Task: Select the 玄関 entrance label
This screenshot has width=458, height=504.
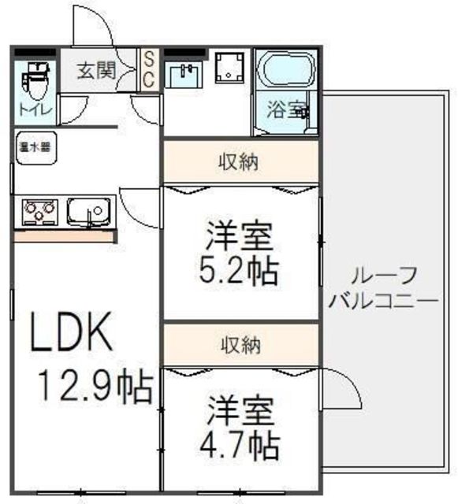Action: pyautogui.click(x=96, y=70)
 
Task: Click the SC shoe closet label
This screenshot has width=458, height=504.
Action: pyautogui.click(x=149, y=69)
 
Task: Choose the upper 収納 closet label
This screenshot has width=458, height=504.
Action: pyautogui.click(x=240, y=163)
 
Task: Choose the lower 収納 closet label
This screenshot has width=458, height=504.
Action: pyautogui.click(x=240, y=344)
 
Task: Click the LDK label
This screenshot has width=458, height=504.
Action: pyautogui.click(x=72, y=335)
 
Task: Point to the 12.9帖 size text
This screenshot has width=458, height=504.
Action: pyautogui.click(x=95, y=387)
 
